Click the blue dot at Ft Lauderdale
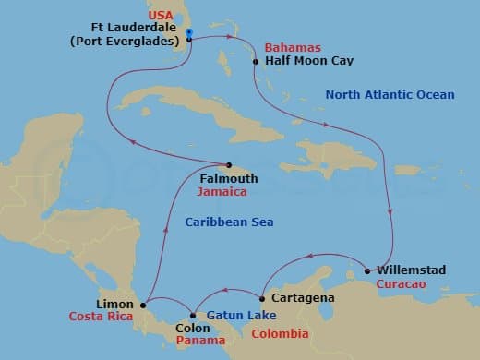click(x=188, y=33)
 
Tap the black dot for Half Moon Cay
click(x=255, y=62)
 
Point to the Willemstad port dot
click(x=368, y=270)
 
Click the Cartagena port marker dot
click(x=263, y=298)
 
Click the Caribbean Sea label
click(x=229, y=222)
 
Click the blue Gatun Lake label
click(x=231, y=315)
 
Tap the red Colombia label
click(x=280, y=334)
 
